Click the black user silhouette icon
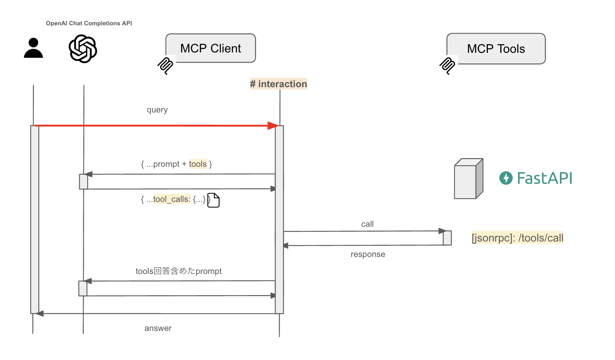(x=33, y=48)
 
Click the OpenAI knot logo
(x=83, y=49)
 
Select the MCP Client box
(x=211, y=48)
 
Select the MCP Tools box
(x=496, y=49)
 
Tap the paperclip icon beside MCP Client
(x=165, y=66)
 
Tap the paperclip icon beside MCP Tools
(x=447, y=66)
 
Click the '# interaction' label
(x=278, y=84)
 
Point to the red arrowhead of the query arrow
(x=273, y=126)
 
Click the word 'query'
(x=157, y=110)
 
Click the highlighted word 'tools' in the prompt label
(x=198, y=164)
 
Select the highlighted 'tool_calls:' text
(x=172, y=199)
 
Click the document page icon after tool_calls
(x=214, y=200)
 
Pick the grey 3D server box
(x=468, y=179)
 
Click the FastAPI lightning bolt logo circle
(x=506, y=178)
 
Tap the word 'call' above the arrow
(x=367, y=224)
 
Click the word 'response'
(x=368, y=254)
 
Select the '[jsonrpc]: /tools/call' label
(x=517, y=238)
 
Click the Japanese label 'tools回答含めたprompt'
(x=178, y=271)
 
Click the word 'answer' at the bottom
(x=158, y=328)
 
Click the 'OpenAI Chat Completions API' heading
(x=89, y=23)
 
